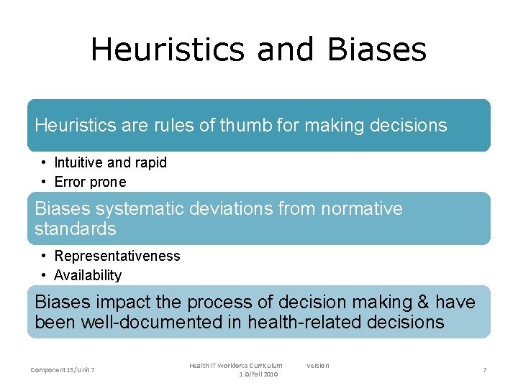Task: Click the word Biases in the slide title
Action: click(x=376, y=50)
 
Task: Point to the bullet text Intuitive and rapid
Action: click(x=111, y=162)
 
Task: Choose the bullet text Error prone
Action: click(x=90, y=182)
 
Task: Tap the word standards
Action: click(x=76, y=229)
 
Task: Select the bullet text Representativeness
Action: click(x=117, y=256)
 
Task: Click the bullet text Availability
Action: click(x=88, y=275)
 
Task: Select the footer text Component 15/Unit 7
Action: click(x=63, y=369)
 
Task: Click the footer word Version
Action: click(x=317, y=366)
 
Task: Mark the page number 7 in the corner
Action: click(x=484, y=369)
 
